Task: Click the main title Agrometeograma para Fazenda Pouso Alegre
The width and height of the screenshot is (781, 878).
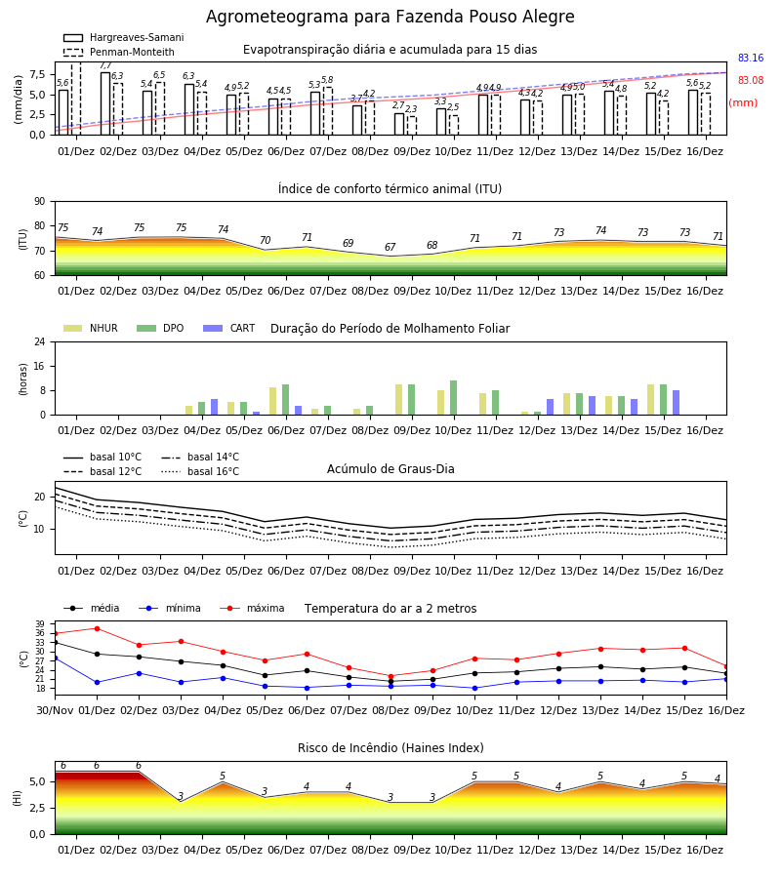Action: [390, 17]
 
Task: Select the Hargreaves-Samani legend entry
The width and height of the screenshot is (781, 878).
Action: [123, 37]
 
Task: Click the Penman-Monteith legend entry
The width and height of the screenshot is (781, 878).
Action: [119, 52]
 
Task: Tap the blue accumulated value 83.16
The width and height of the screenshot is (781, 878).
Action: [750, 58]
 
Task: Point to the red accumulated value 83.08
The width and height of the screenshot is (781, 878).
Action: [750, 80]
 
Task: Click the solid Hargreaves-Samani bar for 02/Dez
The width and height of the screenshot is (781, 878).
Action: [105, 103]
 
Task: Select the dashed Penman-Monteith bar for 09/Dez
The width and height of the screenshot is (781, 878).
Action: [412, 126]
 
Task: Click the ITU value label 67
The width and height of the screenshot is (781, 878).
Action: [390, 247]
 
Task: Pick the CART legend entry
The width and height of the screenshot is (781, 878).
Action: [228, 328]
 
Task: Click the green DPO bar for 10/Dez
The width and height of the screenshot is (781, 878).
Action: [453, 398]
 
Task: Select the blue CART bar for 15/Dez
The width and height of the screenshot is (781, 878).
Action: [677, 403]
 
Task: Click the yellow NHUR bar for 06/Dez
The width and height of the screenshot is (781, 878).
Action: [272, 401]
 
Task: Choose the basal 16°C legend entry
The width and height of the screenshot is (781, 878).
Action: [200, 471]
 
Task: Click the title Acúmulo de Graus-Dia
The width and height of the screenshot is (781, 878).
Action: [390, 469]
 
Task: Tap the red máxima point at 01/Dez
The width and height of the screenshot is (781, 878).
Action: [97, 629]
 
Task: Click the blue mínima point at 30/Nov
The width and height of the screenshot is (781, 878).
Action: [56, 658]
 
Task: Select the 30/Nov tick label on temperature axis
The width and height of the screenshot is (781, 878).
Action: [55, 710]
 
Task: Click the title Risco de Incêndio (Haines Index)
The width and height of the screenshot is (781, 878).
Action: [390, 748]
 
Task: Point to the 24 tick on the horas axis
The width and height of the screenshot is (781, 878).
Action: [40, 341]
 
